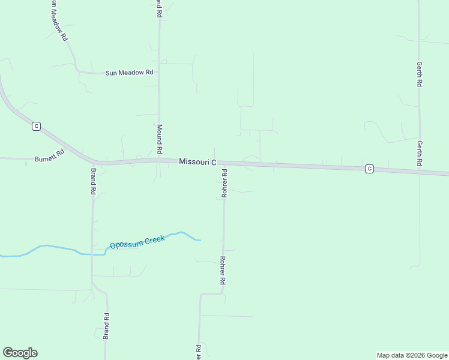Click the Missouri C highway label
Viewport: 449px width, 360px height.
pyautogui.click(x=197, y=162)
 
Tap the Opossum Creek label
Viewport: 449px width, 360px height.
pyautogui.click(x=137, y=242)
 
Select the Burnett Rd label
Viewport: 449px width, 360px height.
pyautogui.click(x=49, y=157)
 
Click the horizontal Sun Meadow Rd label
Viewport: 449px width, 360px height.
pyautogui.click(x=129, y=73)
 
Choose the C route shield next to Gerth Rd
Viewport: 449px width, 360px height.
pyautogui.click(x=369, y=169)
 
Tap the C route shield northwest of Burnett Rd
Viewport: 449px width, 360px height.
pyautogui.click(x=37, y=126)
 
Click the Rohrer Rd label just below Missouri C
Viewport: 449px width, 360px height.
pyautogui.click(x=224, y=184)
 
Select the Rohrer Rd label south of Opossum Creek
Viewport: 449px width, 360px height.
pyautogui.click(x=222, y=271)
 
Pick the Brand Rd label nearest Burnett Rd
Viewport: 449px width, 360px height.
pyautogui.click(x=94, y=181)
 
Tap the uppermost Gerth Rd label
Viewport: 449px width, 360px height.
pyautogui.click(x=420, y=74)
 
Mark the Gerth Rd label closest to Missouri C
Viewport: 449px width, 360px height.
pyautogui.click(x=420, y=154)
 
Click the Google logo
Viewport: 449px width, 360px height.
pyautogui.click(x=20, y=353)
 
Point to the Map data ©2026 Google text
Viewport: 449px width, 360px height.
pyautogui.click(x=412, y=355)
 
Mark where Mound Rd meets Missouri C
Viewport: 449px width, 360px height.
pyautogui.click(x=160, y=160)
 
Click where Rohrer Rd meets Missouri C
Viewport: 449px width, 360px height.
pyautogui.click(x=224, y=163)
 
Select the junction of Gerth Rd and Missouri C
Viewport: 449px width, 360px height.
pyautogui.click(x=419, y=171)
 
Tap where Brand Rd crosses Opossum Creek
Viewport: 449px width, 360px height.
pyautogui.click(x=92, y=254)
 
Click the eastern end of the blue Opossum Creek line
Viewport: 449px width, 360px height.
pyautogui.click(x=200, y=240)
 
